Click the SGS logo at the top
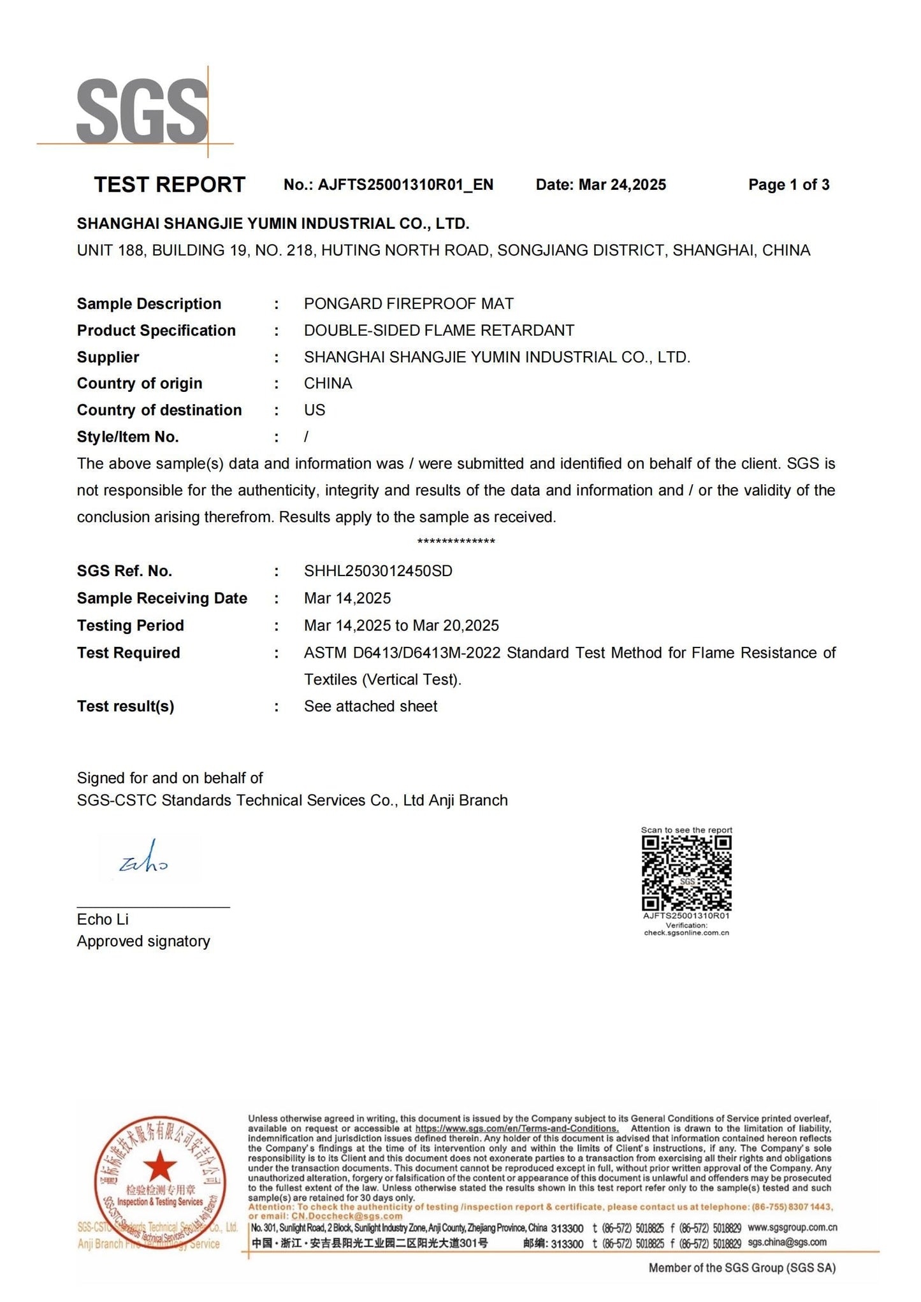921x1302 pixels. coord(141,112)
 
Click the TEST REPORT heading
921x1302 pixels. coord(170,185)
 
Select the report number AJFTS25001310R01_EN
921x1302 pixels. coord(405,185)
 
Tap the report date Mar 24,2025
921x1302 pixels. coord(622,185)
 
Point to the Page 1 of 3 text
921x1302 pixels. coord(788,185)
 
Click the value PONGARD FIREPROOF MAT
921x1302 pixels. coord(409,304)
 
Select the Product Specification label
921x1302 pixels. coord(156,331)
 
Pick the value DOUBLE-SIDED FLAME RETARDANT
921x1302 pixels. coord(439,331)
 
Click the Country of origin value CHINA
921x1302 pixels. coord(328,384)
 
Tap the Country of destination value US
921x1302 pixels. coord(314,410)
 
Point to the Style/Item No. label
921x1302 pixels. coord(127,437)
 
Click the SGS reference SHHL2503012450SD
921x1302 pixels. coord(378,571)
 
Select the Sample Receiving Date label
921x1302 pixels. coord(162,598)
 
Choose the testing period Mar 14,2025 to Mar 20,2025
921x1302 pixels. coord(401,626)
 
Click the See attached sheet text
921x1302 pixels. coord(370,706)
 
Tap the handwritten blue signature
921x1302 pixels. coord(144,858)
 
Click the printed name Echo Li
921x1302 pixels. coord(103,920)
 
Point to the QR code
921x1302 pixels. coord(686,874)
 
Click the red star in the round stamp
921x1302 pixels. coord(160,1166)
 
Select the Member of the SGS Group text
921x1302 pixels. coord(742,1268)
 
